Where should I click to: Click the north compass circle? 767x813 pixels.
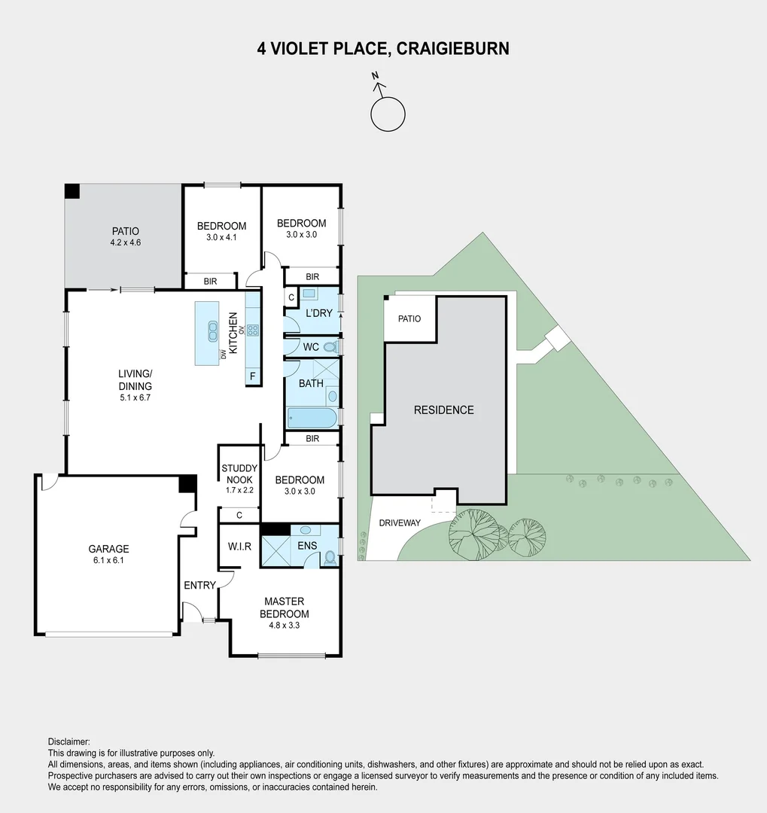[x=388, y=114]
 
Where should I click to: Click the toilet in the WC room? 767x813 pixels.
[x=329, y=347]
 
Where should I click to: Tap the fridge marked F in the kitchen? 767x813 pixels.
[x=252, y=376]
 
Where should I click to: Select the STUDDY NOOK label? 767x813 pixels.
[x=239, y=473]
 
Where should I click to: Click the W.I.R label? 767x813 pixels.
[x=239, y=545]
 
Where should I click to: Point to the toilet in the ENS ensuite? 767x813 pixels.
[x=329, y=558]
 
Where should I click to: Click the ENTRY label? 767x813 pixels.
[x=199, y=585]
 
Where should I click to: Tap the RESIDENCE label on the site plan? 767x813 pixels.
[x=444, y=410]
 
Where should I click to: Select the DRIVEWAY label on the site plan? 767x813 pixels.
[x=400, y=522]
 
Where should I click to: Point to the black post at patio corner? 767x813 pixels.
[x=72, y=191]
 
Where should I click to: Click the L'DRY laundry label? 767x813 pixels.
[x=318, y=313]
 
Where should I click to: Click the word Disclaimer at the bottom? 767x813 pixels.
[x=68, y=741]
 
